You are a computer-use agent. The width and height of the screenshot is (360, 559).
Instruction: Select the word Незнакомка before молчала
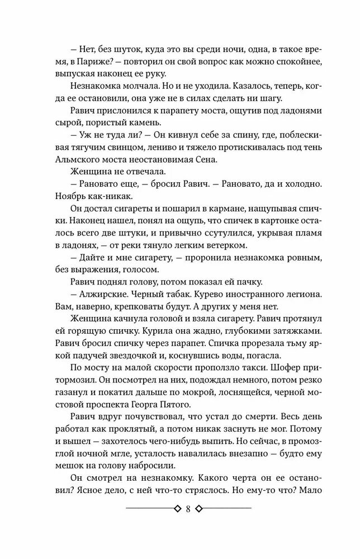click(x=95, y=87)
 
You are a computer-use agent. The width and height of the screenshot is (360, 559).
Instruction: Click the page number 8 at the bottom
click(x=188, y=509)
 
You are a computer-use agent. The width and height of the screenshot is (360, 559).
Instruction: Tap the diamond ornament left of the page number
click(x=177, y=509)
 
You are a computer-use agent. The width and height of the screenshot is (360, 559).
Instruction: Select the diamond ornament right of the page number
click(x=200, y=509)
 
